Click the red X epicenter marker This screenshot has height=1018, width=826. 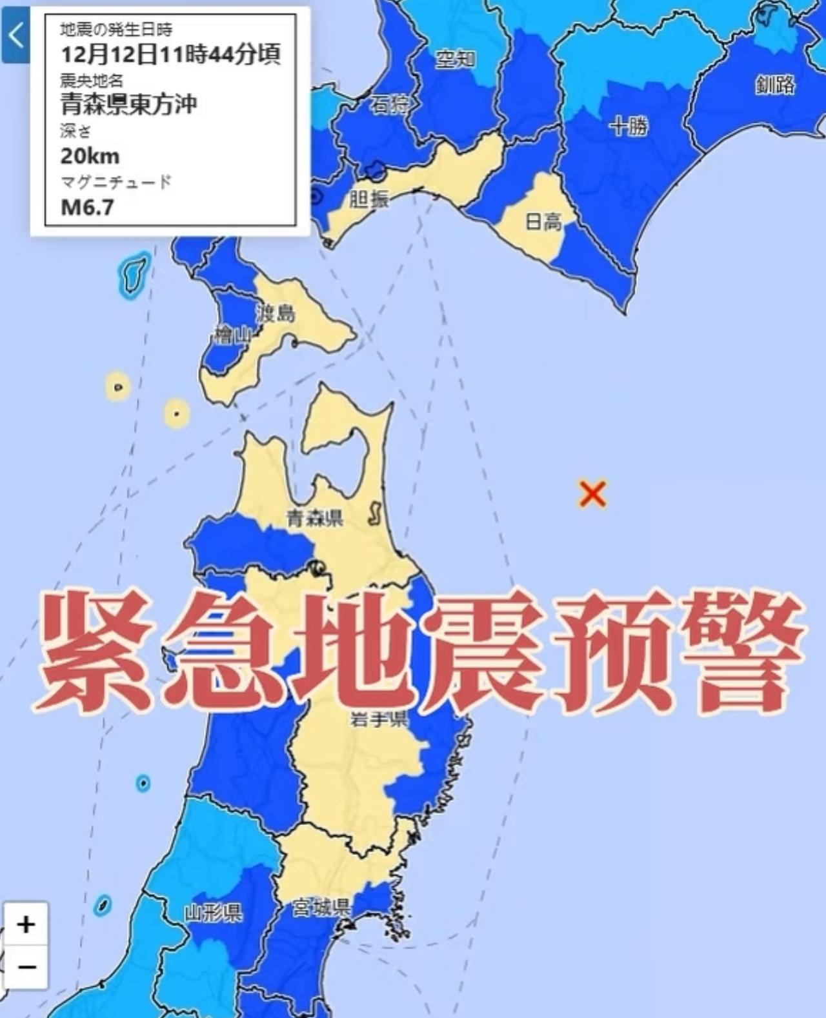(592, 494)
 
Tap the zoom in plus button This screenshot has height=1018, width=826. (26, 924)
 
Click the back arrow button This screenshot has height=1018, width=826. (15, 36)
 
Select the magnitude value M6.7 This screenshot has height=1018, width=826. (87, 207)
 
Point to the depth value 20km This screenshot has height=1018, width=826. (90, 156)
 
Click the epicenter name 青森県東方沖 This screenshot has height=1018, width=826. (128, 104)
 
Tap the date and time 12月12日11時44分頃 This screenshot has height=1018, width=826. (170, 54)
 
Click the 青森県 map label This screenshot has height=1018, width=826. (315, 517)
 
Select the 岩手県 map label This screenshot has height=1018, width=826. (379, 718)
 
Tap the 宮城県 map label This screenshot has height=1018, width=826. (321, 908)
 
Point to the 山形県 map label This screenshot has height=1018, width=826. (214, 913)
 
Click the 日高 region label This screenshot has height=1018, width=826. (543, 223)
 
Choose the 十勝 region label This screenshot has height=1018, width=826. (628, 126)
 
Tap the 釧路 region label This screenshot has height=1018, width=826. (775, 85)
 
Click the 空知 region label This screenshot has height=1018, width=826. (456, 59)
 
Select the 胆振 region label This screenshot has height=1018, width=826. (368, 199)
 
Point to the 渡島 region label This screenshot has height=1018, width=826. (276, 314)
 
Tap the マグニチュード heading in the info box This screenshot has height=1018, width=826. (116, 182)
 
